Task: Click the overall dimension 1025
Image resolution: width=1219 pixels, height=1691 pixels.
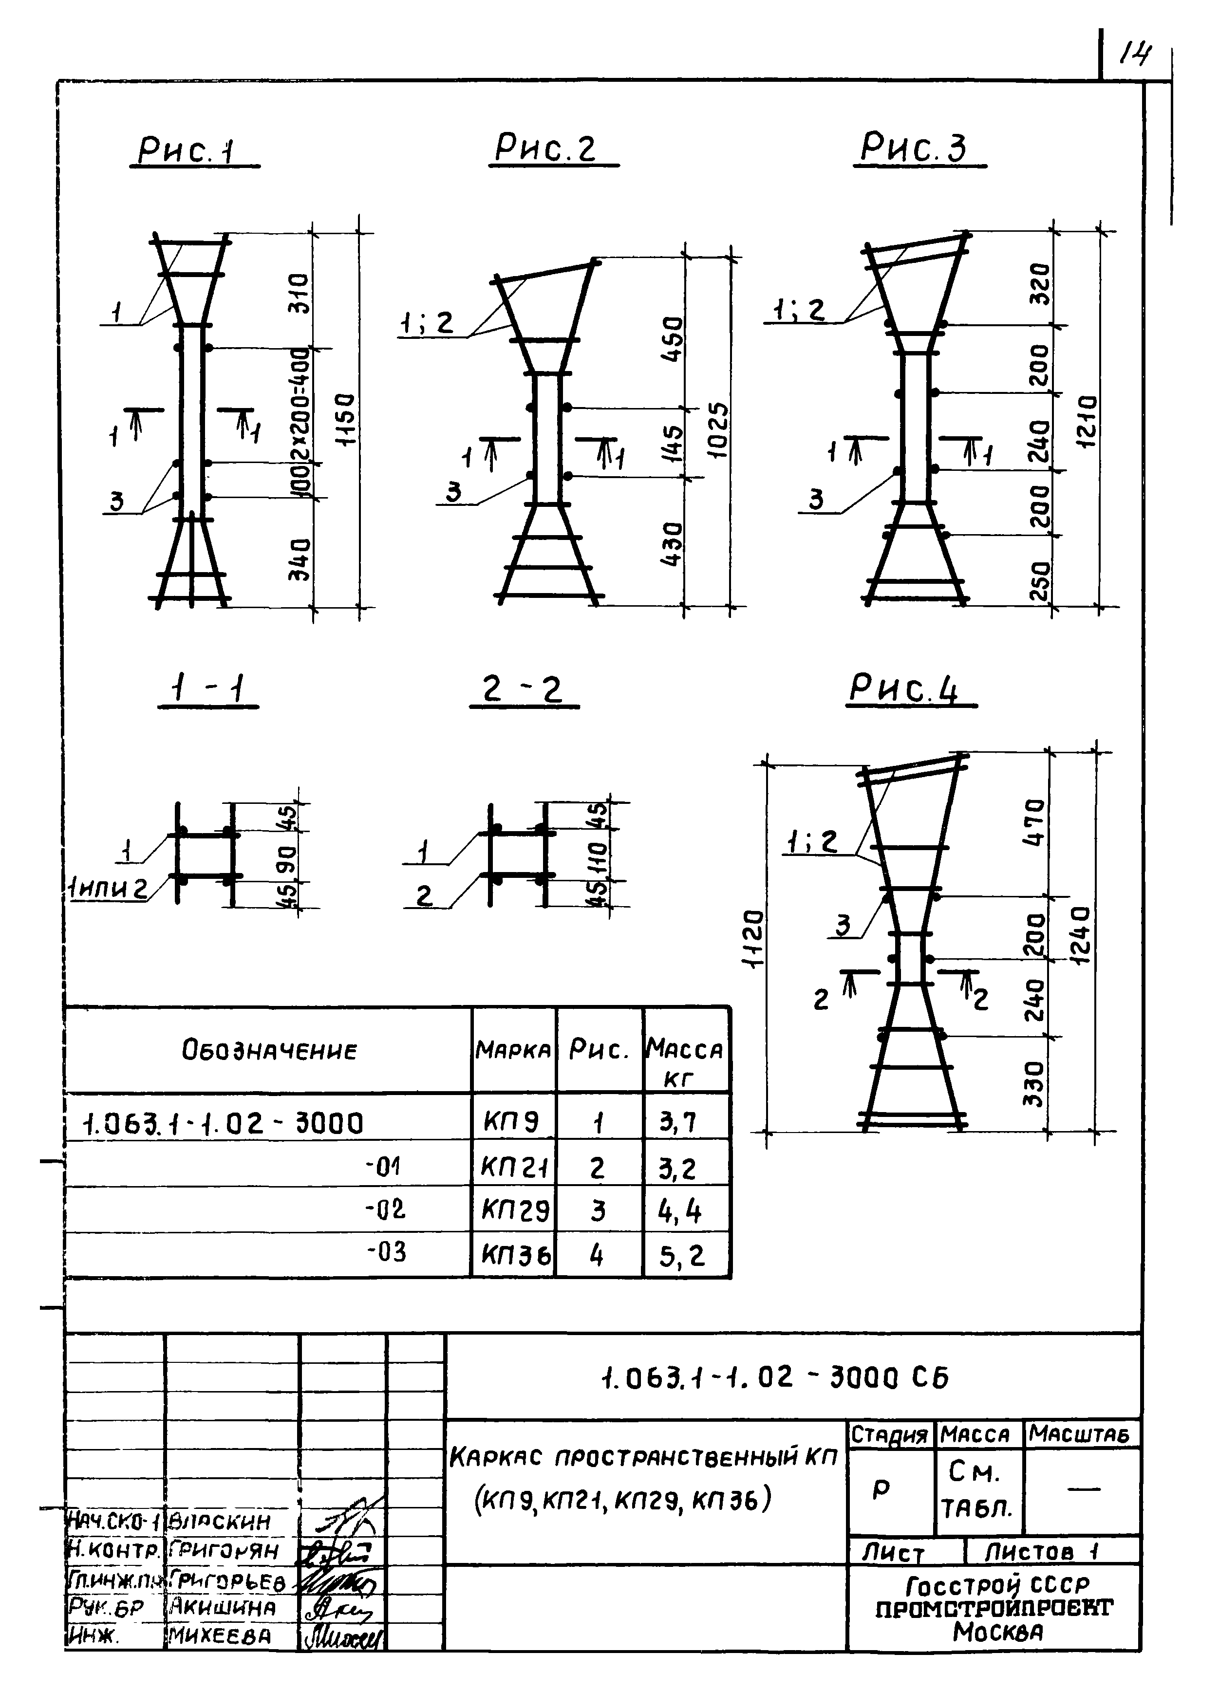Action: coord(717,431)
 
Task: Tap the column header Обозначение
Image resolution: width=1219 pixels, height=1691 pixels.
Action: coord(269,1051)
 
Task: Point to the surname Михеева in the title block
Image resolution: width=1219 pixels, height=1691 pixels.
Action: coord(219,1636)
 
